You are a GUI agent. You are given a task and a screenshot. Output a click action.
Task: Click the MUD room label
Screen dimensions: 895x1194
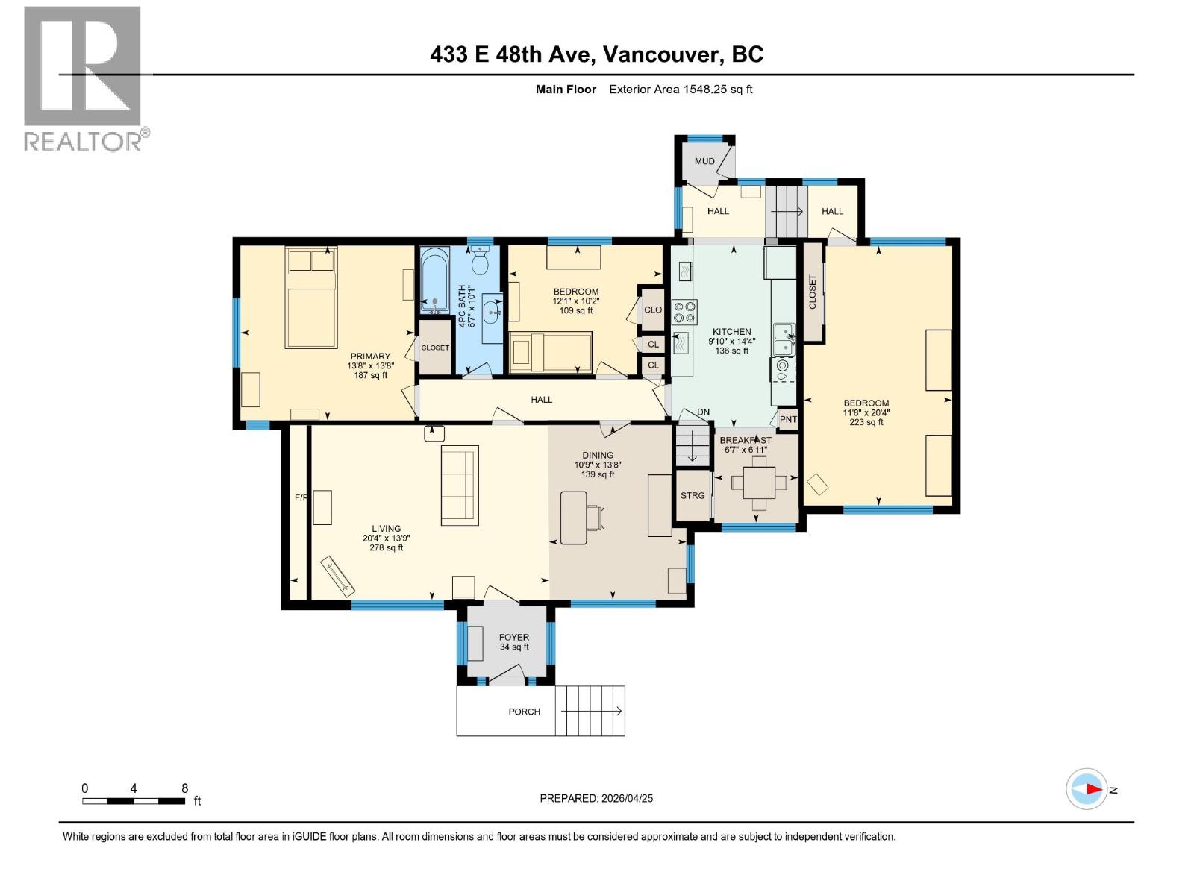point(704,161)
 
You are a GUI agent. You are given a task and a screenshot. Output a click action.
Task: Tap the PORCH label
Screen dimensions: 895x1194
point(524,712)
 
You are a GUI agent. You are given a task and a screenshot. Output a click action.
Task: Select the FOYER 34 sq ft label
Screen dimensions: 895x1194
point(514,642)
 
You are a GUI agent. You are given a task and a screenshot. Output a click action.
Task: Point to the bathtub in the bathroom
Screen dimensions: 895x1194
point(434,280)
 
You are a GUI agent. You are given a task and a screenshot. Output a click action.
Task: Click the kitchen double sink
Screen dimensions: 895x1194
point(784,339)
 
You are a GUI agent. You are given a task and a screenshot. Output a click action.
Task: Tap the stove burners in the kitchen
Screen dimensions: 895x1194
point(684,312)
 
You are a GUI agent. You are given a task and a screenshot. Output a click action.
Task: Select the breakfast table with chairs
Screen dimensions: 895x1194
point(759,482)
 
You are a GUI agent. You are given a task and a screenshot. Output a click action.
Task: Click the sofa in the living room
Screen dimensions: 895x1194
point(460,485)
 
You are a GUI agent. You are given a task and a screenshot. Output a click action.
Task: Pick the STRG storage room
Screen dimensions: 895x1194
point(693,495)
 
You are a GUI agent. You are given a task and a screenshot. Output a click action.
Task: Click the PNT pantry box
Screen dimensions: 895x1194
point(788,419)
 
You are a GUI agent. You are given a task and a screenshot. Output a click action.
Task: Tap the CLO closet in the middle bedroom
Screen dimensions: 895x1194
point(653,310)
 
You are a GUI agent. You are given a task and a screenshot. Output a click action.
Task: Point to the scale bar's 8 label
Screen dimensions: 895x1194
point(184,788)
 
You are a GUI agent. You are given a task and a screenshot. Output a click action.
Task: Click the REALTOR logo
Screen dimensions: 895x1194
point(83,78)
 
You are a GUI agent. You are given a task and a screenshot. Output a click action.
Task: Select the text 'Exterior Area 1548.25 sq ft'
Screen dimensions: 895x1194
point(681,89)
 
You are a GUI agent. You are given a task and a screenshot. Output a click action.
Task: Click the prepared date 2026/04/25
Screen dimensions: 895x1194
point(596,798)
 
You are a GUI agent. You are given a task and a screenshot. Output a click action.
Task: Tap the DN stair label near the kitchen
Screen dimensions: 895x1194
point(703,412)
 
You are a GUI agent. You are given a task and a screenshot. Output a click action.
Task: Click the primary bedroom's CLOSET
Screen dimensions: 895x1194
point(435,348)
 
